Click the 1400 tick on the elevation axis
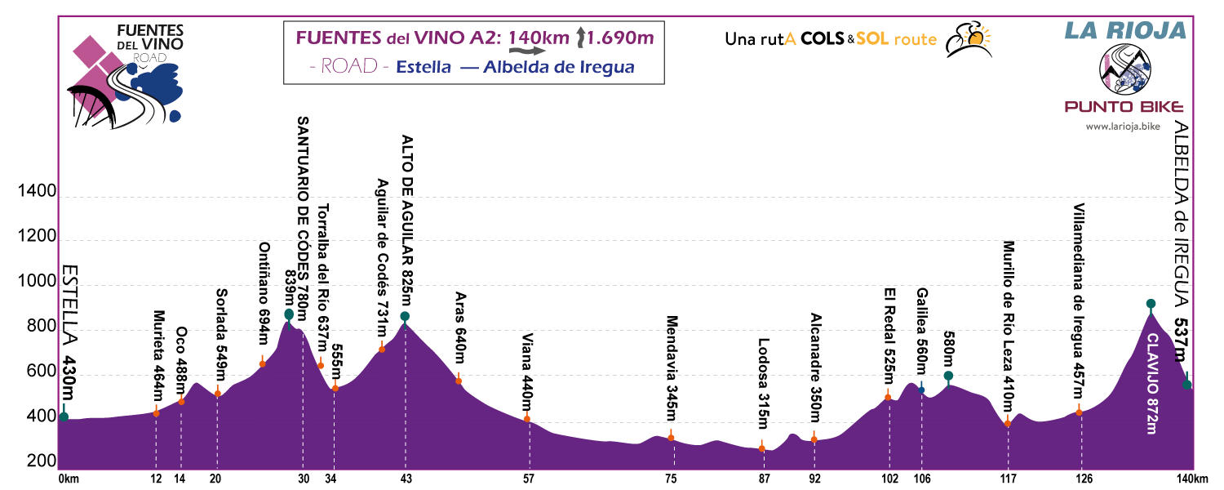click(36, 193)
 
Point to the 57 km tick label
click(529, 479)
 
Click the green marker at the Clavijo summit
click(1151, 304)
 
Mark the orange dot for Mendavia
click(671, 438)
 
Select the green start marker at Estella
click(64, 417)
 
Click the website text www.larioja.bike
click(1124, 127)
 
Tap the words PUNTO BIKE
click(1124, 107)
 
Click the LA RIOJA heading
click(1124, 31)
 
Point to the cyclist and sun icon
click(968, 38)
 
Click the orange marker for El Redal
click(888, 398)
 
